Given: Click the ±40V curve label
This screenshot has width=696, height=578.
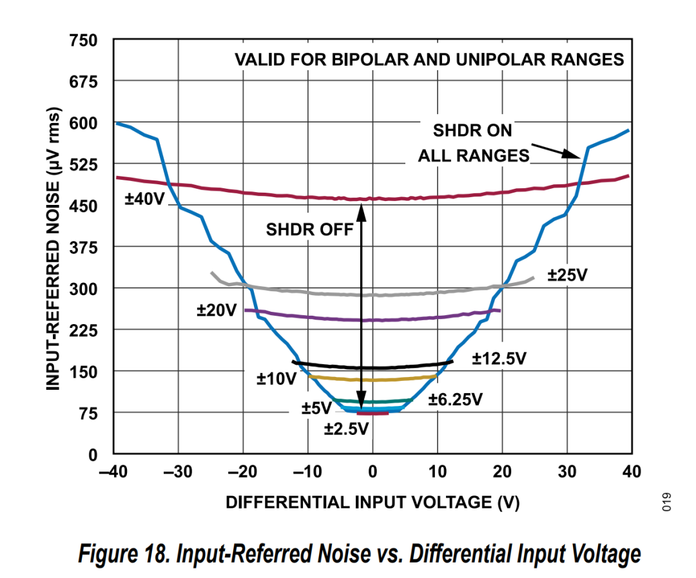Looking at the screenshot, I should click(144, 199).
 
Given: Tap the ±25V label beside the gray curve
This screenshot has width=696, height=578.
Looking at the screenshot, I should click(568, 275).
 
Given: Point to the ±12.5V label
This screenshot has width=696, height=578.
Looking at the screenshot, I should click(499, 359).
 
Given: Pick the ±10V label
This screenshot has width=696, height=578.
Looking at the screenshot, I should click(276, 378).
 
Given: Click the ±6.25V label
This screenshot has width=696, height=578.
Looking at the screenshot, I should click(456, 400).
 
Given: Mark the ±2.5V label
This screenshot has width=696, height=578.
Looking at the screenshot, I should click(346, 428).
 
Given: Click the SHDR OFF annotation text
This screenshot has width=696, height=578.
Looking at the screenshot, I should click(310, 229).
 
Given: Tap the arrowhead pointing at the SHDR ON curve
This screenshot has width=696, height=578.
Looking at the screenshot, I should click(574, 154).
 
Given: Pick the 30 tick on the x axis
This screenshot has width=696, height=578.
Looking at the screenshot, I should click(566, 472).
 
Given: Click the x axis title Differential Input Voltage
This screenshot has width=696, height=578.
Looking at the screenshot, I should click(372, 502).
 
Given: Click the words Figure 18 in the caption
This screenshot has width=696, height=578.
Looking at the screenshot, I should click(122, 552).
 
